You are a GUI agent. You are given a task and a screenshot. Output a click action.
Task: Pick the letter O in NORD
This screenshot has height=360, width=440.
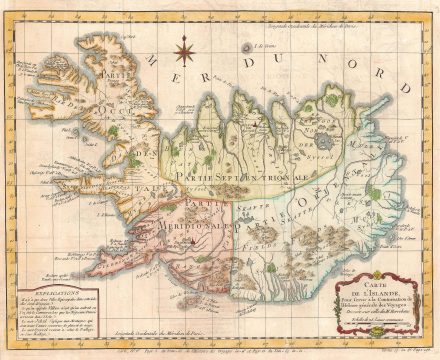[x=330, y=70]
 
